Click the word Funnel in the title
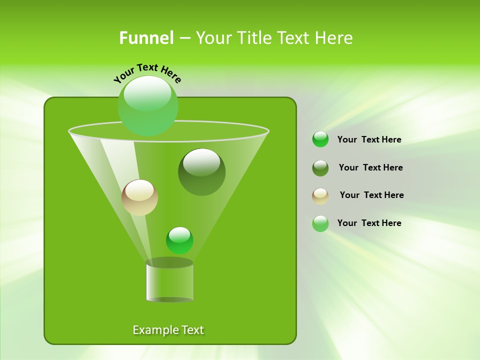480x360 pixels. [x=146, y=38]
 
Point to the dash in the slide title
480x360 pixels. [x=184, y=38]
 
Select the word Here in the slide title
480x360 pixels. [x=334, y=38]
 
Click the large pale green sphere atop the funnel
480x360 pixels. [x=147, y=105]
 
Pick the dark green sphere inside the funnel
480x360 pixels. [x=201, y=172]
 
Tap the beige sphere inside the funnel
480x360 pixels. [x=139, y=197]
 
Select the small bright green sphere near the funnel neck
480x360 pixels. [x=179, y=240]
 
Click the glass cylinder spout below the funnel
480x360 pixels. [x=169, y=282]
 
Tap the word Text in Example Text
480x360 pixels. [x=192, y=330]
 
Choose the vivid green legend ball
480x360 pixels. [x=320, y=139]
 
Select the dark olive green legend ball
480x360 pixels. [x=320, y=168]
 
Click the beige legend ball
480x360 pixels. [x=320, y=196]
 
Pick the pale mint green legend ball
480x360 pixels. [x=320, y=223]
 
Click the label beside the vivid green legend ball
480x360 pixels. [x=369, y=139]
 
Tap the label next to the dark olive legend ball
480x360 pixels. [x=370, y=167]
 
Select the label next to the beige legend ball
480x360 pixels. [x=371, y=195]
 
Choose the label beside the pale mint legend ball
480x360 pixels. [x=369, y=223]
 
